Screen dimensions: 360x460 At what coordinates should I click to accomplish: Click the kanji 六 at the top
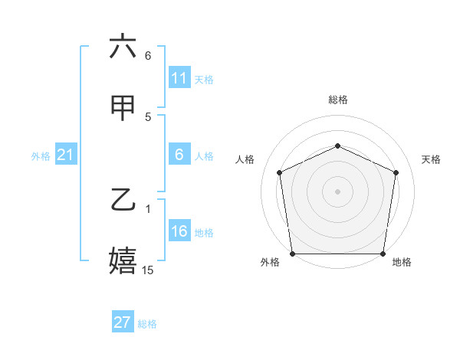point(123,47)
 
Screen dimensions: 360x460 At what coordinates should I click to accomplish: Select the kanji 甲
point(123,110)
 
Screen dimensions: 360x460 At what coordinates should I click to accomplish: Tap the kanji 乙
point(123,202)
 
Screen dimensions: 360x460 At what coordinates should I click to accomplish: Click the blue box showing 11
point(179,77)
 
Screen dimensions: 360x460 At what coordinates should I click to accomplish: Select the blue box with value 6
point(179,155)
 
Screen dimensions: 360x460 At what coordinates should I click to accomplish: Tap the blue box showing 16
point(179,231)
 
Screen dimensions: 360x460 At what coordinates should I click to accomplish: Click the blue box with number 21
point(65,155)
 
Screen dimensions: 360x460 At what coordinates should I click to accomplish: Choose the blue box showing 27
point(123,322)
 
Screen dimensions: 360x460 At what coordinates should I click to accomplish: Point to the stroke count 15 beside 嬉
point(148,270)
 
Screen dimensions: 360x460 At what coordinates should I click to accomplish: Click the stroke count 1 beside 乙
point(148,208)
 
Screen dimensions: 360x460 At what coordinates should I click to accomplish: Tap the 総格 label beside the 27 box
point(147,324)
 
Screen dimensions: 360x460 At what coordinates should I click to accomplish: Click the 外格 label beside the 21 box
point(41,156)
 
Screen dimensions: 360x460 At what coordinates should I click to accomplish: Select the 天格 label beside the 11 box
point(204,79)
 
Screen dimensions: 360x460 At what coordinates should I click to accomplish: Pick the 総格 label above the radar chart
point(337,100)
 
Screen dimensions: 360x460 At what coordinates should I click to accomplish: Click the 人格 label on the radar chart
point(245,159)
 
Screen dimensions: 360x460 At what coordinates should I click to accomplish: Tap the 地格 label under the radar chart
point(402,263)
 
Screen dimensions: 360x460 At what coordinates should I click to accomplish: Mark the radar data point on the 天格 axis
point(396,172)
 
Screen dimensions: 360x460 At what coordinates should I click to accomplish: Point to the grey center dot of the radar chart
point(337,191)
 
